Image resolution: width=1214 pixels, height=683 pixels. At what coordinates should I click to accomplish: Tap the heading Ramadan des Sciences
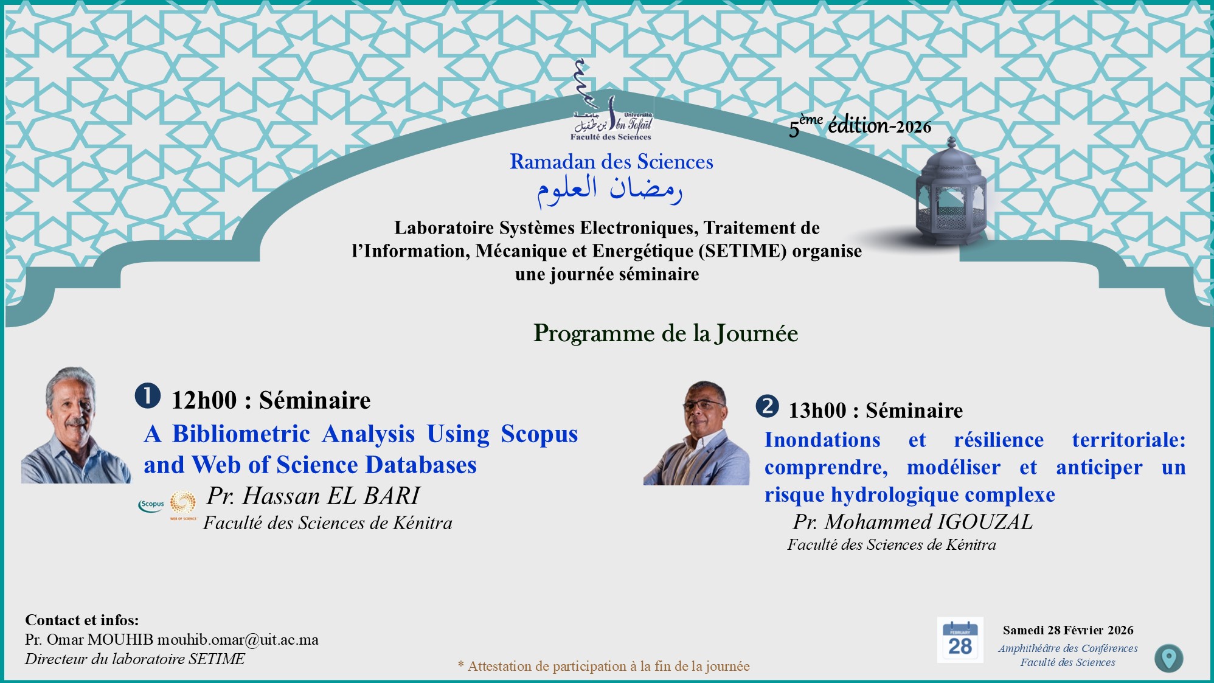611,162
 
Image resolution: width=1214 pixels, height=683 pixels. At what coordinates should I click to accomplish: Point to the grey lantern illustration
951,192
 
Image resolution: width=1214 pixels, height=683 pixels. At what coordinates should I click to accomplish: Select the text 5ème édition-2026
860,126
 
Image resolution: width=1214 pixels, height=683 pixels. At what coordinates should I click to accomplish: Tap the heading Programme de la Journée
665,333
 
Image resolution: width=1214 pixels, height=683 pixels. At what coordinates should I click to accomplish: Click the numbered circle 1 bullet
148,396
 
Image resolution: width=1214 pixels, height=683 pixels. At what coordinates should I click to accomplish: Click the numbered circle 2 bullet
768,406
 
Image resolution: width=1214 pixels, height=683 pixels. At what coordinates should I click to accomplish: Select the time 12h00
204,401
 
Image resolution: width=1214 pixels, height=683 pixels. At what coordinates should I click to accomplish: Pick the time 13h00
817,411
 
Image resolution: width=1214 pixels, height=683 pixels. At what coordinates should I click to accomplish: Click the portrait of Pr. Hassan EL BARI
76,425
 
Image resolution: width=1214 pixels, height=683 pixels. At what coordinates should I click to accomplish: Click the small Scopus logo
151,505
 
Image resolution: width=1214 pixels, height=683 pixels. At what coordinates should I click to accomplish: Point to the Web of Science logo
183,505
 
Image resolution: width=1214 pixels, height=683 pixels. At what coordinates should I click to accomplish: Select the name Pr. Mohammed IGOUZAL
912,522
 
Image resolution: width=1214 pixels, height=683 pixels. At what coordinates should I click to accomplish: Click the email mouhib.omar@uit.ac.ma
238,640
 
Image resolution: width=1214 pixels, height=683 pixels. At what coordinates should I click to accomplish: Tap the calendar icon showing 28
960,640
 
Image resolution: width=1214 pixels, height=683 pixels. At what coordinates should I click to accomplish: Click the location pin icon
1168,658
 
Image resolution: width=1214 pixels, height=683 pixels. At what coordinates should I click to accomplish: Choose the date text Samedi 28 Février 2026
1068,631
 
